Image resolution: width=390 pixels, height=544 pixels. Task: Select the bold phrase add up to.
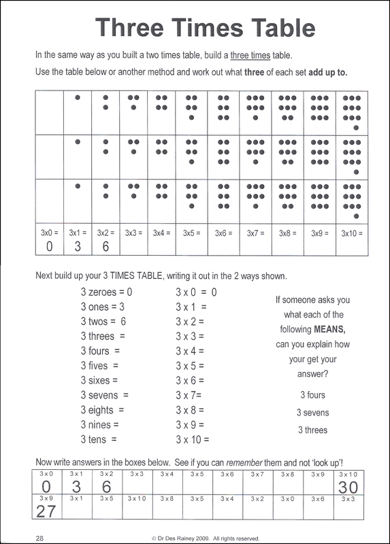click(319, 72)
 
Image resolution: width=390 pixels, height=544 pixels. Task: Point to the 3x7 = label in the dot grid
click(257, 233)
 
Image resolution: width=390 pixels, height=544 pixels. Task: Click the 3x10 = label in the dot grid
click(349, 233)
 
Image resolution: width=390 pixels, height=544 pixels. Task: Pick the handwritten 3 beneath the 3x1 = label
click(78, 246)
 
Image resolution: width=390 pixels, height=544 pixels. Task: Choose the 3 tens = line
click(99, 440)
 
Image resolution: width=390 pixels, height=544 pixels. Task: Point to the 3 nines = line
click(102, 425)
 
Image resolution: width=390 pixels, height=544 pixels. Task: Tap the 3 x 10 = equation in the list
click(193, 440)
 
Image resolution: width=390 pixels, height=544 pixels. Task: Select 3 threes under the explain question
click(312, 430)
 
